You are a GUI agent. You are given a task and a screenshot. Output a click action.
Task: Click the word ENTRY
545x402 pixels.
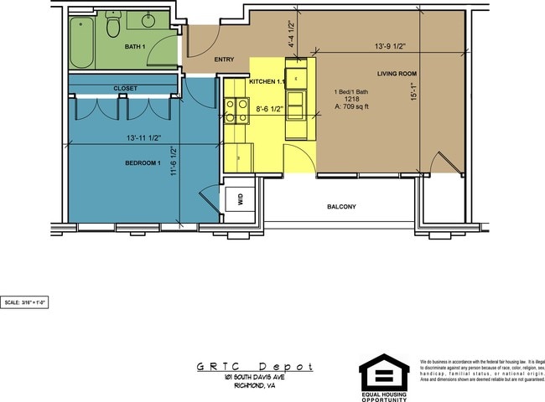(224, 59)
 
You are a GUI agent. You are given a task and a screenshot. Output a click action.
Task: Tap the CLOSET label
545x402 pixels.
(126, 88)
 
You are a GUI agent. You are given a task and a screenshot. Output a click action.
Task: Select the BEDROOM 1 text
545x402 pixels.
(143, 162)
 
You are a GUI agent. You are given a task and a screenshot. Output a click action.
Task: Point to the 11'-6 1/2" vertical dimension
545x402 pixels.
(174, 162)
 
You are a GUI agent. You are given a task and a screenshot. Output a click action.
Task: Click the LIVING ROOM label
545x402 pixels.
(397, 74)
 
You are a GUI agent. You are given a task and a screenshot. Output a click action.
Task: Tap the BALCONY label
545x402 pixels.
(341, 207)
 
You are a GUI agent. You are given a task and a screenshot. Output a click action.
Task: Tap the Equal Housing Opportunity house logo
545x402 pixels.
(384, 372)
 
